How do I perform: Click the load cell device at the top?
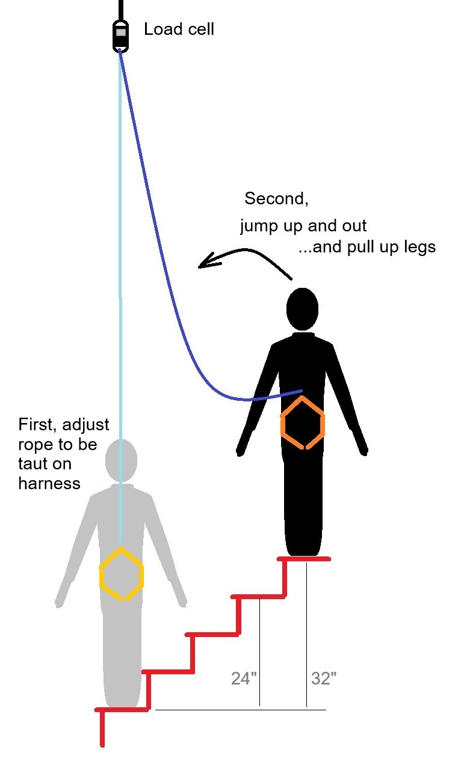[x=120, y=36]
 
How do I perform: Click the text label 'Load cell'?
[x=179, y=29]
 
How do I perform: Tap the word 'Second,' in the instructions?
[x=276, y=198]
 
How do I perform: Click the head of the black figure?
[x=302, y=309]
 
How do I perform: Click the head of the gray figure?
[x=121, y=460]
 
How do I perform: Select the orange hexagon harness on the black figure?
[x=303, y=422]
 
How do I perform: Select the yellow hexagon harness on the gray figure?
[x=121, y=574]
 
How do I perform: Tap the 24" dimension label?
[x=244, y=678]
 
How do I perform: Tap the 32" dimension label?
[x=324, y=678]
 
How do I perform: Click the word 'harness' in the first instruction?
[x=49, y=483]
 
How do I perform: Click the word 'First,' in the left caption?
[x=37, y=425]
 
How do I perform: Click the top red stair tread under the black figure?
[x=303, y=559]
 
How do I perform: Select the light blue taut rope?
[x=120, y=298]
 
